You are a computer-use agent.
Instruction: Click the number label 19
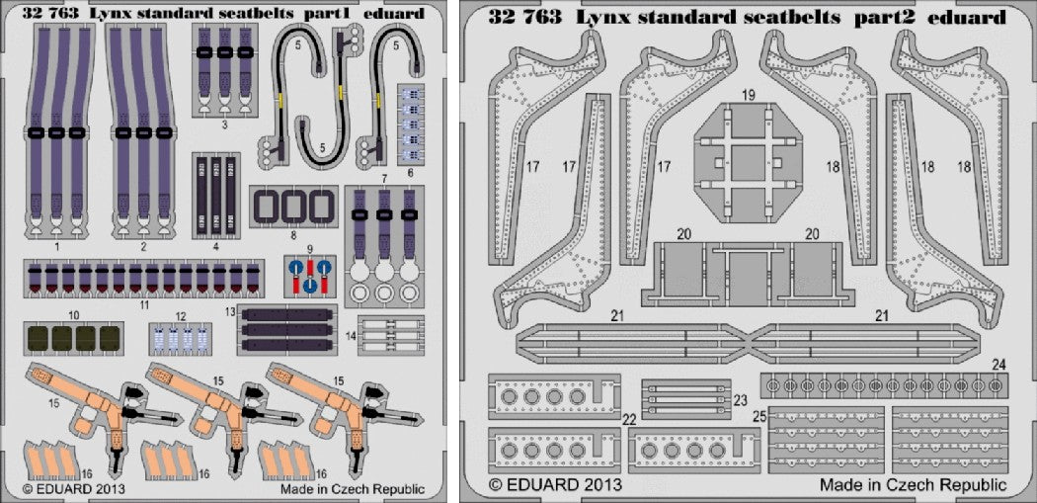(749, 96)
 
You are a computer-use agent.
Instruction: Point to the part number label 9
(309, 247)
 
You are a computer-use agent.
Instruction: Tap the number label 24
(998, 365)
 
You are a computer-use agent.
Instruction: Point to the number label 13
(229, 312)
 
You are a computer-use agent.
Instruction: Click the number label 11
(144, 306)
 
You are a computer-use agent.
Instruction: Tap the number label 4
(215, 246)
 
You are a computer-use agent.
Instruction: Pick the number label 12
(179, 317)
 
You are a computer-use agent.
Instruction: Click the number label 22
(629, 420)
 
